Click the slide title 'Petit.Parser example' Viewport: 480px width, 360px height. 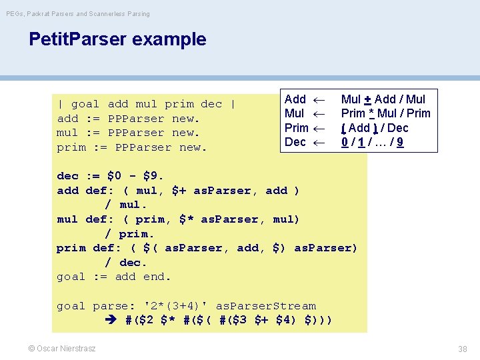tap(117, 39)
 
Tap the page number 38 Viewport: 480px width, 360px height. tap(463, 349)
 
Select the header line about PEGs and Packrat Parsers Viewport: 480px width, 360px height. tap(78, 13)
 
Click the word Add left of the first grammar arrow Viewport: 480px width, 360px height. tap(295, 99)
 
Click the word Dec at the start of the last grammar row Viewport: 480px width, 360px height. tap(295, 142)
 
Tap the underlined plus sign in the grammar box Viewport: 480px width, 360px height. tap(367, 99)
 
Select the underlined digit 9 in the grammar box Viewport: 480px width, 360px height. tap(419, 142)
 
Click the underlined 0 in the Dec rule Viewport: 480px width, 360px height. tap(345, 142)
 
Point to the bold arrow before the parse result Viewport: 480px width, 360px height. tap(111, 321)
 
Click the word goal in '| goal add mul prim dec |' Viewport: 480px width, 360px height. tap(85, 104)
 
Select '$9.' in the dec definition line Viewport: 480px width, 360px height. tap(154, 176)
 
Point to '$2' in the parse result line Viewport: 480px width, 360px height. tap(147, 321)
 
